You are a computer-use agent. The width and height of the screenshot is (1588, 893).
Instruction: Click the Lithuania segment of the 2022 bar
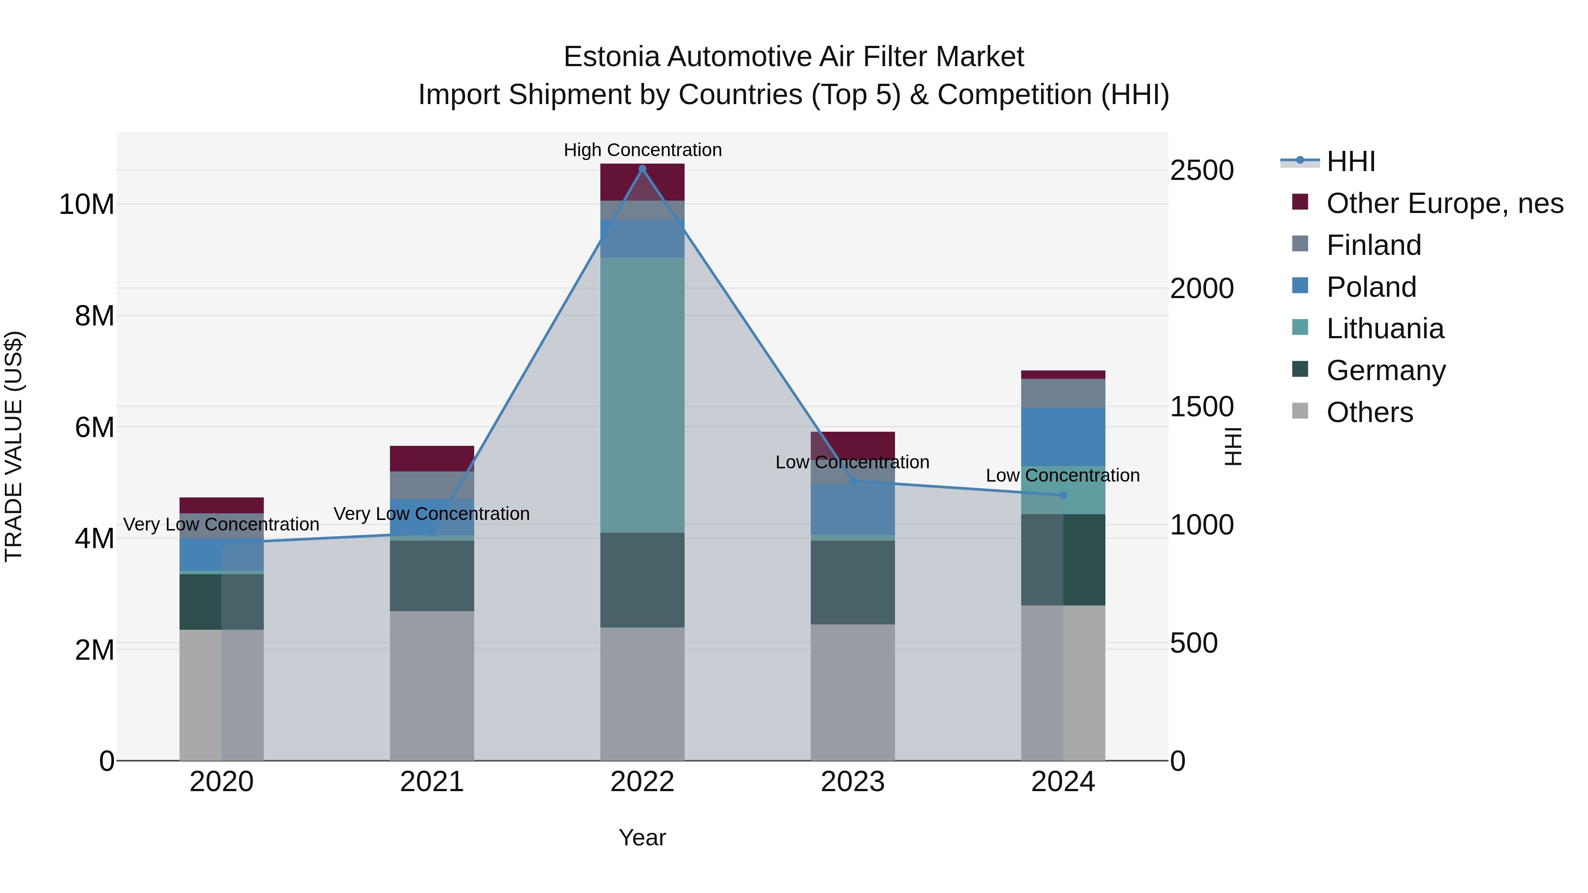pos(642,394)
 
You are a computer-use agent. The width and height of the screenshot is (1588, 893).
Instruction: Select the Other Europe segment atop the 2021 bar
pos(431,459)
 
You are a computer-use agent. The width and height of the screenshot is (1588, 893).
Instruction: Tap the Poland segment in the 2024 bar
pos(1063,436)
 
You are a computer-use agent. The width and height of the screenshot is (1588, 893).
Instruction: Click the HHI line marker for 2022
pos(642,169)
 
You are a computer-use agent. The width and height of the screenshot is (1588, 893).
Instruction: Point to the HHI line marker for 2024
pos(1063,495)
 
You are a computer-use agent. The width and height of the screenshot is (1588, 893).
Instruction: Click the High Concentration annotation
pos(642,150)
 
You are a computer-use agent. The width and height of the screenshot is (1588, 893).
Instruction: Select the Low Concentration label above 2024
pos(1063,475)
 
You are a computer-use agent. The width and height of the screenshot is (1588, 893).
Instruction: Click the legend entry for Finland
pos(1374,245)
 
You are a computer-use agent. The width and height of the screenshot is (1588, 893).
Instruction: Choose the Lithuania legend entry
pos(1385,329)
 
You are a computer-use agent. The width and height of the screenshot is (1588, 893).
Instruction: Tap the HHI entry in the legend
pos(1350,161)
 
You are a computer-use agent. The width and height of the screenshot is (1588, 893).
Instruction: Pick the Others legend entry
pos(1369,412)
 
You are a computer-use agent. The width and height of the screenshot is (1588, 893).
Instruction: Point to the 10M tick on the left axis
pos(86,204)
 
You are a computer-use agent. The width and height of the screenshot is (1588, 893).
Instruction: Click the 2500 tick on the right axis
pos(1202,171)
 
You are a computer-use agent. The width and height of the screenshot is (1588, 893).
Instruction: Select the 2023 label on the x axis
pos(853,782)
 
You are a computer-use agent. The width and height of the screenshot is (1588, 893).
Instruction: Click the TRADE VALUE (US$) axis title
pos(14,446)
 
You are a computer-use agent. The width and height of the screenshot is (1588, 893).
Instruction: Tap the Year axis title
pos(642,837)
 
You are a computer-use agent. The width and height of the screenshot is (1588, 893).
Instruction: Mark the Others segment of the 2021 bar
pos(431,685)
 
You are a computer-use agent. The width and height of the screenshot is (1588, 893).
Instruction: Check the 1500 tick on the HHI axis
pos(1202,407)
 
